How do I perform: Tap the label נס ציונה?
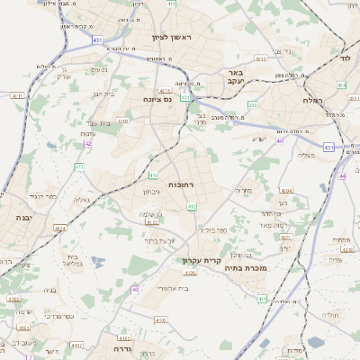pos(159,99)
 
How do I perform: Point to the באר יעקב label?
pos(236,77)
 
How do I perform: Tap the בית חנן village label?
pos(103,94)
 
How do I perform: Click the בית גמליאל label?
pos(72,261)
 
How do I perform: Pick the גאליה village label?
pos(80,200)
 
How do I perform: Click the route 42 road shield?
pos(87,142)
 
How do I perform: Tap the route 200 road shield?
pos(253,104)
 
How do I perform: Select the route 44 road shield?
pos(342,175)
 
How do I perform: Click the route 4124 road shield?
pos(60,229)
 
